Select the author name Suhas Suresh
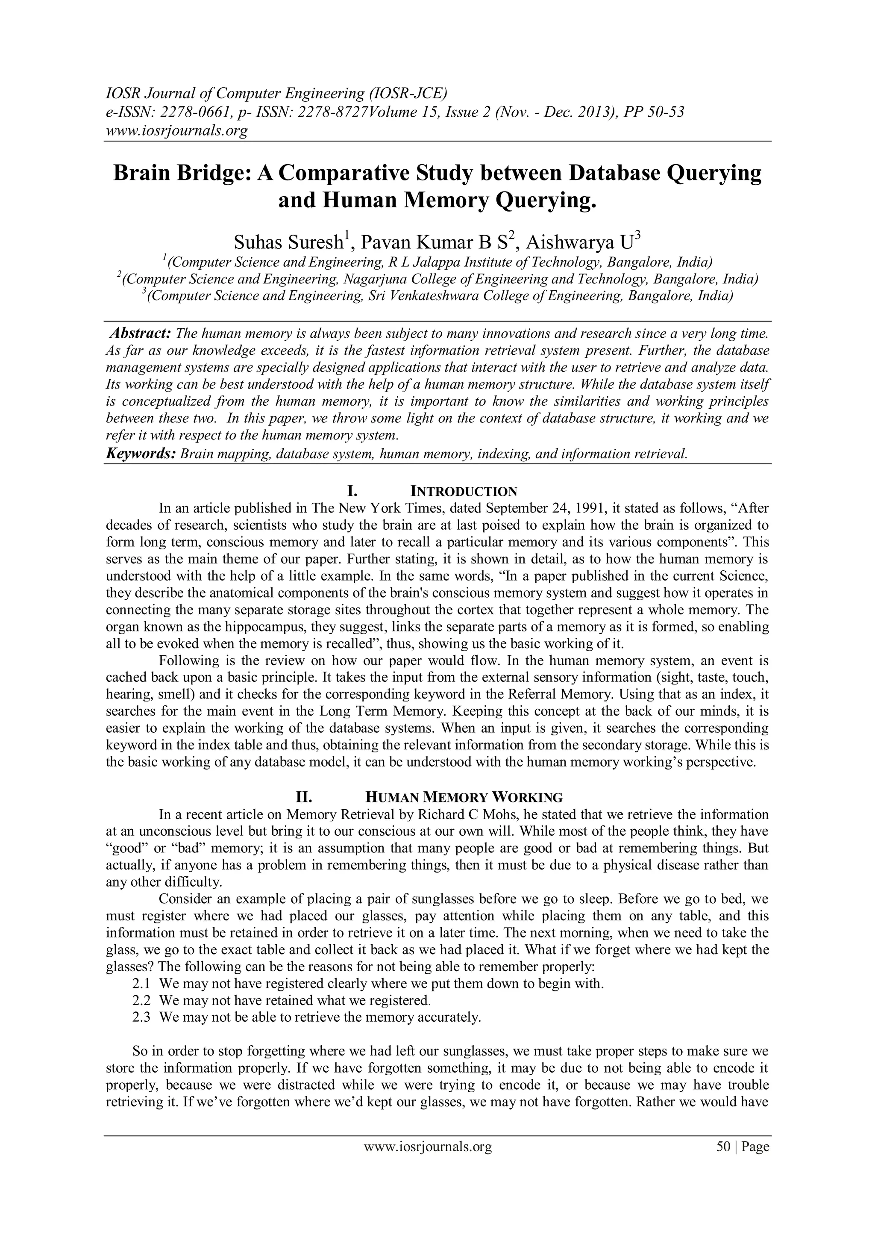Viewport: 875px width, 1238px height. tap(289, 243)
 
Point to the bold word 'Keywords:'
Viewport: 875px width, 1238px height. tap(140, 454)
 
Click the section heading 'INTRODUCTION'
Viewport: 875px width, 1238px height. tap(464, 491)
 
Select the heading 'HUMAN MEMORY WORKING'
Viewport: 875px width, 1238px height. tap(464, 797)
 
